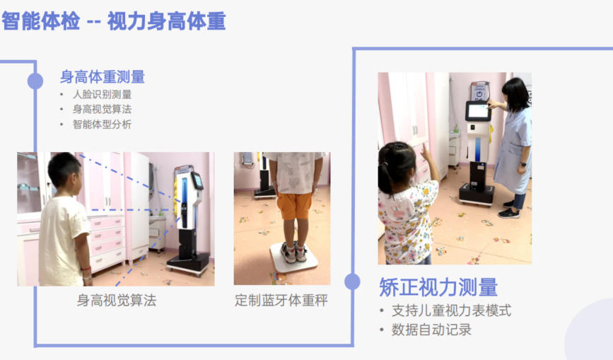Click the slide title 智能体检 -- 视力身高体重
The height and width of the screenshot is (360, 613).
tap(114, 21)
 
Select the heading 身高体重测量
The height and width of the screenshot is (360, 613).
tap(103, 76)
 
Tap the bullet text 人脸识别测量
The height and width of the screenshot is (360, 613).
tap(102, 94)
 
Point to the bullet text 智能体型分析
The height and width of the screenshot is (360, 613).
tap(102, 124)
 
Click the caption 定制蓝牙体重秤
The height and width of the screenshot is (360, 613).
tap(281, 300)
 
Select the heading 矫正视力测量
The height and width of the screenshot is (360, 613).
tap(438, 287)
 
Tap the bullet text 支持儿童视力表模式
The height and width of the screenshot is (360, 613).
tap(452, 310)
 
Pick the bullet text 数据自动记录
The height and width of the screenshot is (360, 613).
tap(431, 330)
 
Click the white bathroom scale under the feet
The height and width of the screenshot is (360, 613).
tap(294, 258)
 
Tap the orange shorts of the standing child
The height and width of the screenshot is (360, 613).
tap(294, 205)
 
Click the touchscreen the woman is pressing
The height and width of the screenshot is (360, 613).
tap(478, 111)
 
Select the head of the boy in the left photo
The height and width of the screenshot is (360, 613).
tap(64, 173)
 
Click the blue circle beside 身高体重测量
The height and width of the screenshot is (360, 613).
tap(35, 81)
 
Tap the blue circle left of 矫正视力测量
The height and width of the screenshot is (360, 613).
tap(352, 281)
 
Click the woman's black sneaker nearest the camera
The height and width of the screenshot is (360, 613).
tap(509, 213)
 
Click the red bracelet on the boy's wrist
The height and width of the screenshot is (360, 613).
tap(86, 269)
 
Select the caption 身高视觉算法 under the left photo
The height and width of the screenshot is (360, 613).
tap(117, 300)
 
